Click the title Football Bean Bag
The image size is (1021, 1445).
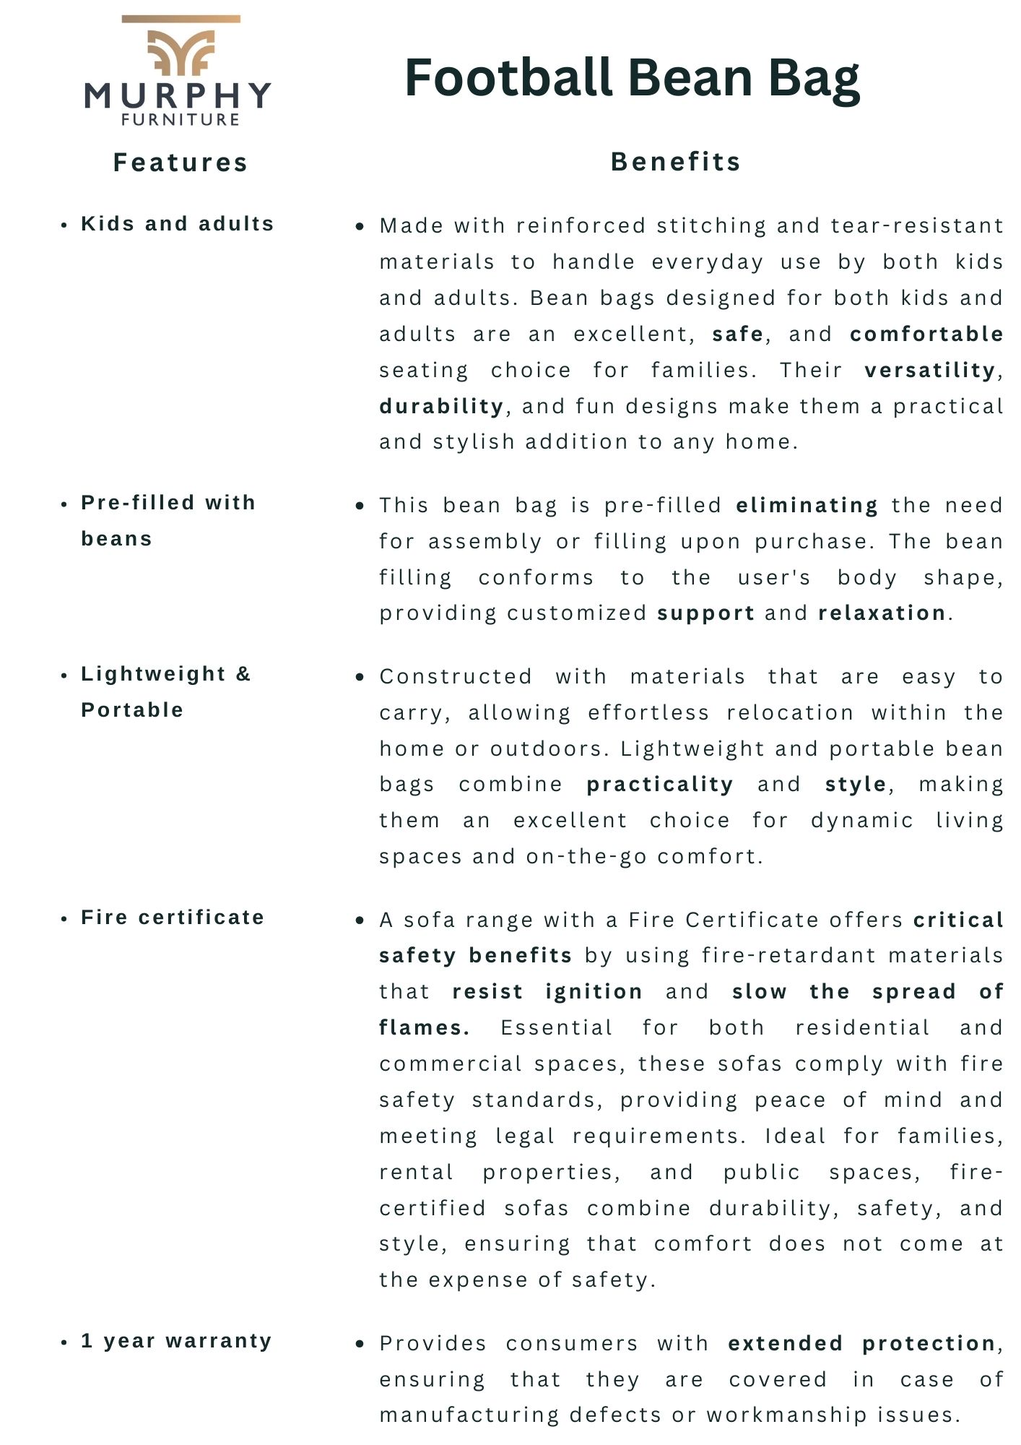click(632, 78)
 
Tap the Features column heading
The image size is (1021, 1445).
click(181, 163)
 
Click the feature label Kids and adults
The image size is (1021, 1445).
click(178, 224)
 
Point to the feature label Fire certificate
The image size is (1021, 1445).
click(173, 918)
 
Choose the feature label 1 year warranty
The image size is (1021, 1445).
click(176, 1341)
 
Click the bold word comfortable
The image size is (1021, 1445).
click(926, 334)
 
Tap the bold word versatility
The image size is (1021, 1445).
click(931, 370)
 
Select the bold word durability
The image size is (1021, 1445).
click(441, 406)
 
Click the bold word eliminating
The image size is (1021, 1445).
click(807, 505)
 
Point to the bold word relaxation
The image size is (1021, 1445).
click(882, 613)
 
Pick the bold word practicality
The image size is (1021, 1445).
click(659, 784)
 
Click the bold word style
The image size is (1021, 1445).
click(856, 784)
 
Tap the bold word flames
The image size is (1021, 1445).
click(424, 1027)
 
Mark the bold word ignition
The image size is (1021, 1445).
click(594, 991)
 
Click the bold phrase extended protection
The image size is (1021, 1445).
click(862, 1343)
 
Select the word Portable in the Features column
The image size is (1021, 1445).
click(132, 710)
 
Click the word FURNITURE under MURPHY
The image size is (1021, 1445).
click(181, 120)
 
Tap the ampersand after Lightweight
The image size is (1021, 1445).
click(243, 674)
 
